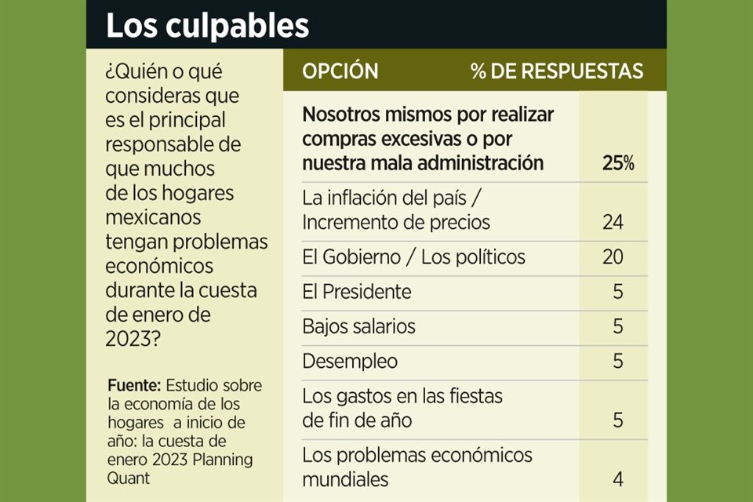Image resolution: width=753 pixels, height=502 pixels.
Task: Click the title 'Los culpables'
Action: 207,26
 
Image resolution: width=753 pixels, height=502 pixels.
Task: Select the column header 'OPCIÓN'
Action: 340,71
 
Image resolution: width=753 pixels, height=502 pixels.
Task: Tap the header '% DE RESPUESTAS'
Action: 556,71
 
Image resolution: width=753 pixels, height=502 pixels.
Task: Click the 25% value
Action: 617,163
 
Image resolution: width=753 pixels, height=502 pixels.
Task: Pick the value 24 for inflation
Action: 613,223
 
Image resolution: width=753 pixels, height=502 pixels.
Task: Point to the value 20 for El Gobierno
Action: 613,257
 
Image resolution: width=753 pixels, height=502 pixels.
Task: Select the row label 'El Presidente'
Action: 356,292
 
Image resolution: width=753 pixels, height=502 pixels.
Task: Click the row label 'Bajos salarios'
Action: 358,326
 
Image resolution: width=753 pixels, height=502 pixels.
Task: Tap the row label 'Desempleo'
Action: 350,361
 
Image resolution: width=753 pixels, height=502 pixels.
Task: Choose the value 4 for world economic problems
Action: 618,478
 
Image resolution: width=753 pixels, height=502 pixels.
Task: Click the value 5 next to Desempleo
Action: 618,361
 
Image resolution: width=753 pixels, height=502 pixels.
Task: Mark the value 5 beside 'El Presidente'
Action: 618,292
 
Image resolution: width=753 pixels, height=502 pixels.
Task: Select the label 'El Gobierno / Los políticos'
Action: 413,257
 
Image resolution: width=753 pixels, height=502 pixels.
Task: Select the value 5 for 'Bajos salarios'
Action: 618,326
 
